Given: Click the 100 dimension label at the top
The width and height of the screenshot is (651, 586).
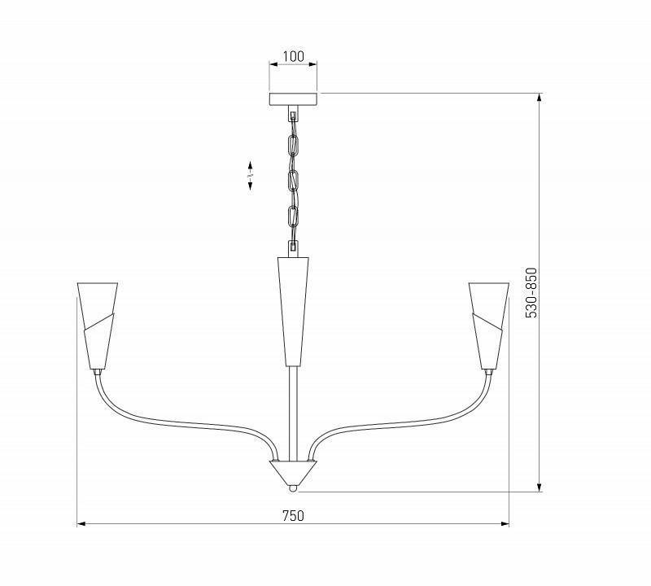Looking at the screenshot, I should coord(293,57).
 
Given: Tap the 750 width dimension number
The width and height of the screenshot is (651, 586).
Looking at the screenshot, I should coord(293,515).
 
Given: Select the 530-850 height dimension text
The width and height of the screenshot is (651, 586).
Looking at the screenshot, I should coord(531,292).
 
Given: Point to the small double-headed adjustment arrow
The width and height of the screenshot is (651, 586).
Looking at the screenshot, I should coord(250,175).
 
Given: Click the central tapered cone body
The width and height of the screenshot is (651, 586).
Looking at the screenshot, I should coord(293,309).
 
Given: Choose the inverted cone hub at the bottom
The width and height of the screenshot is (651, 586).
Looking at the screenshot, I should coord(293,472).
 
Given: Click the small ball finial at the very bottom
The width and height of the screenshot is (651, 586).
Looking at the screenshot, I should coord(293,489).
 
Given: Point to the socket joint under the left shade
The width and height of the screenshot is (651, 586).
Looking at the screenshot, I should coord(98,370).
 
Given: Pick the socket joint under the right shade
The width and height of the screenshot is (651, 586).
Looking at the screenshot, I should coord(488,370).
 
